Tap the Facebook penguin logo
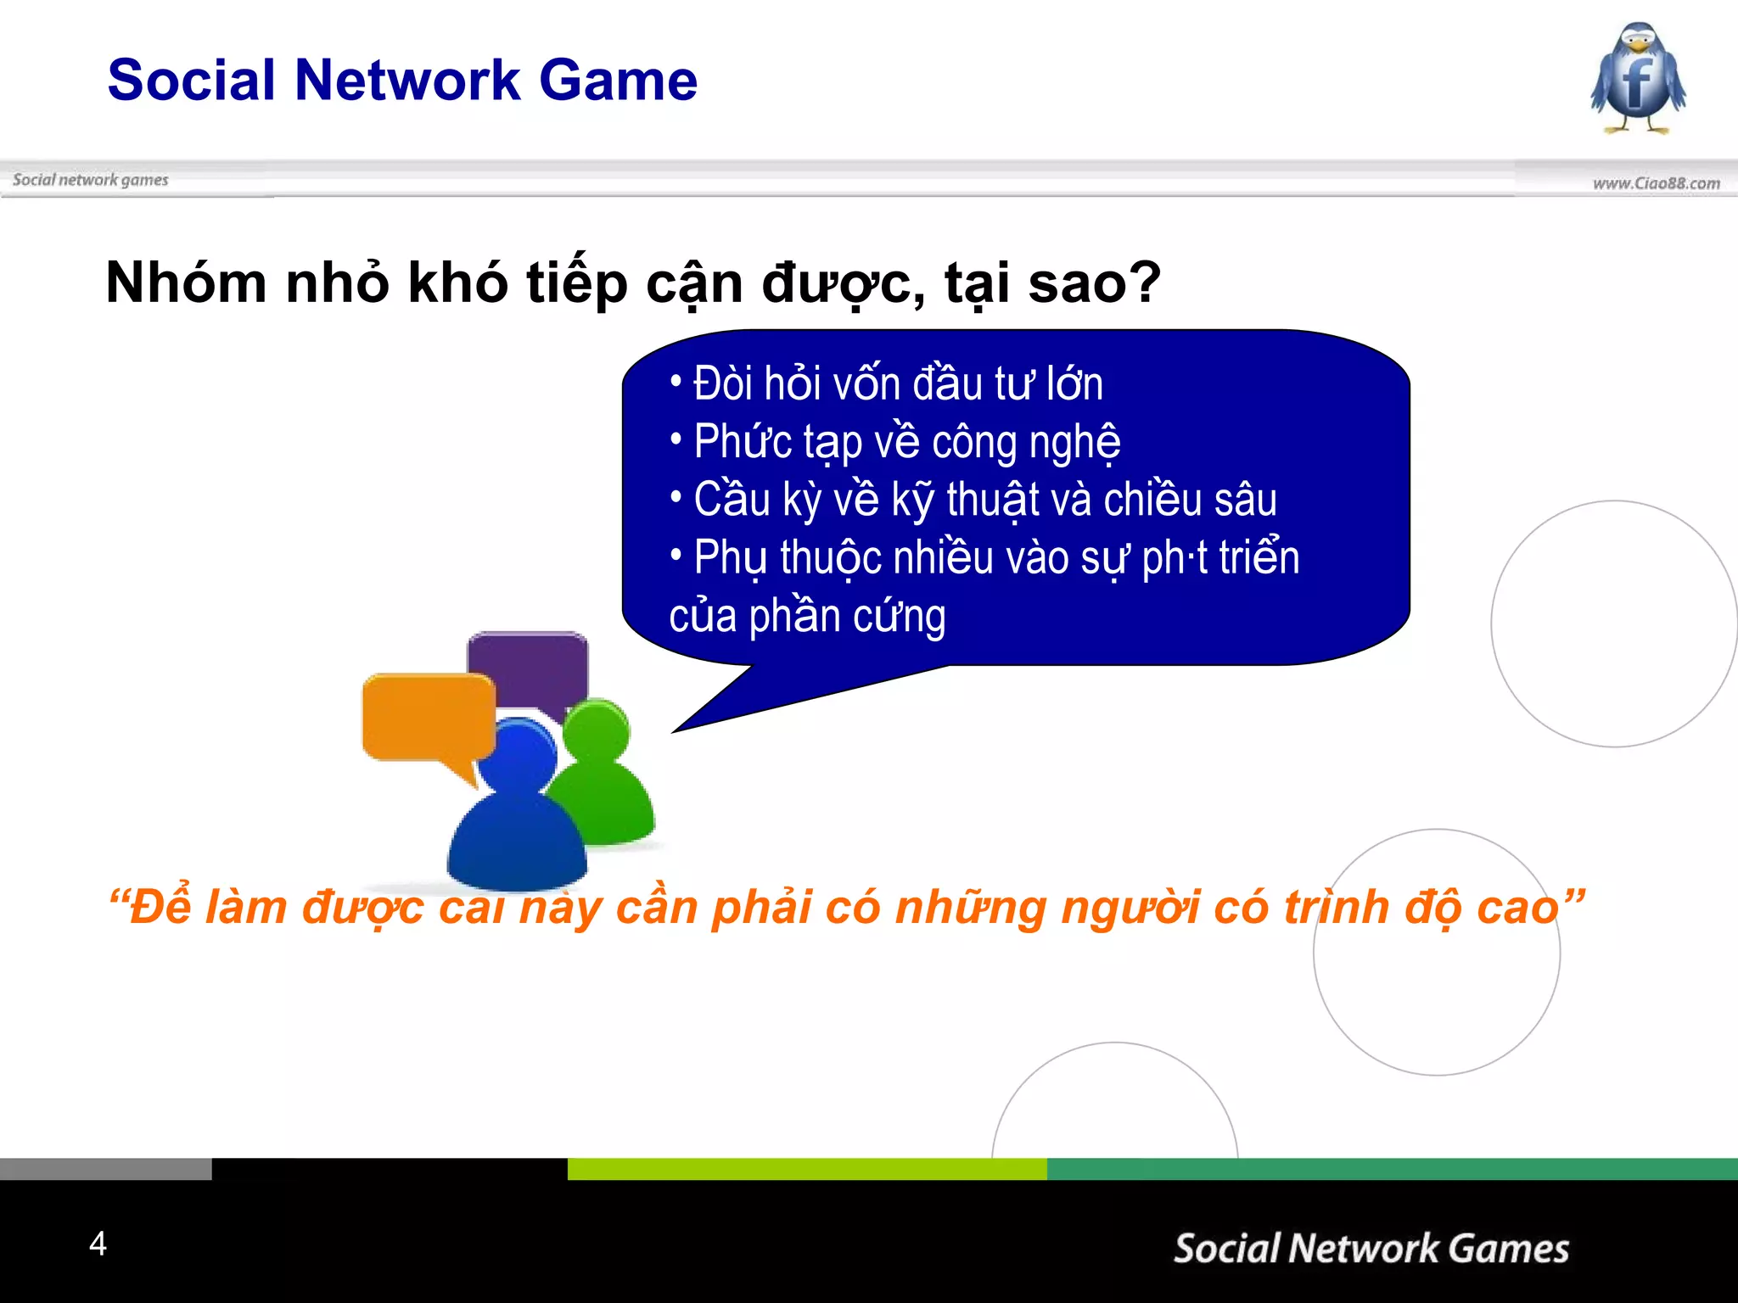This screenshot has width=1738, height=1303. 1638,78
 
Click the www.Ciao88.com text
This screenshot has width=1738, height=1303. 1656,183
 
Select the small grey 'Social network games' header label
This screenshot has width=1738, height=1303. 91,180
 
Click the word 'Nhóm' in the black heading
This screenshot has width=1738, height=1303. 186,282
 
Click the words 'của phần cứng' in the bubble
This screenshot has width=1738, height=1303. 807,616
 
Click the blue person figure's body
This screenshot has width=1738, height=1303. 517,840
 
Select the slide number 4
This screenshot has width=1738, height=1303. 98,1244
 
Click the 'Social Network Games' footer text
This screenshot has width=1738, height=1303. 1371,1249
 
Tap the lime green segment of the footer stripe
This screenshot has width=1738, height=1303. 806,1169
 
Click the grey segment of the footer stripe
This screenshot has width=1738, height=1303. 105,1169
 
